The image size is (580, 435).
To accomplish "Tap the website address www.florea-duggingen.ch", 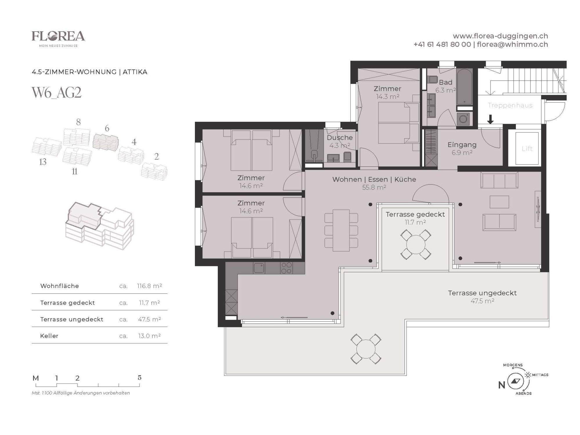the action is click(500, 36).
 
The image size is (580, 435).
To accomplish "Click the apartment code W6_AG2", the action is click(57, 93).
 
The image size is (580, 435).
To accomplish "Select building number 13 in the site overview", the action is click(43, 162).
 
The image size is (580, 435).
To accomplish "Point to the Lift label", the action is click(527, 149).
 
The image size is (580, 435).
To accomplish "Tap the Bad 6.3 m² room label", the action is click(445, 86).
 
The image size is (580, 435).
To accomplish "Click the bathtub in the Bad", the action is click(465, 87).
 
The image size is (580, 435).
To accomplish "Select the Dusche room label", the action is click(340, 137).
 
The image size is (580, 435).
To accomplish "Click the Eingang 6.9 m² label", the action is click(462, 148).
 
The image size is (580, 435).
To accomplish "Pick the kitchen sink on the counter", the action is click(259, 268).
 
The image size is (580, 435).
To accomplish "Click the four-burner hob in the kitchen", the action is click(286, 268).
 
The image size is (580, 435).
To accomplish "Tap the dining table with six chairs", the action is click(341, 230).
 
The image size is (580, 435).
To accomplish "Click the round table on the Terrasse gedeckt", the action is click(416, 245).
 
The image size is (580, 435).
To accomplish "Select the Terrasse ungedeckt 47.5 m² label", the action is click(482, 297).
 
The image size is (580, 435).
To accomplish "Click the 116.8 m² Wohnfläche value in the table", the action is click(149, 286).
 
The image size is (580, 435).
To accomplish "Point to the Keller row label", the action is click(49, 336).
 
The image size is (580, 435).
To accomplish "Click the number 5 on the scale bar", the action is click(139, 378).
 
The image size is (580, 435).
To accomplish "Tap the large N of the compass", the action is click(502, 385).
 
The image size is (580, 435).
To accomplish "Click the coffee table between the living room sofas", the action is click(499, 202).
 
